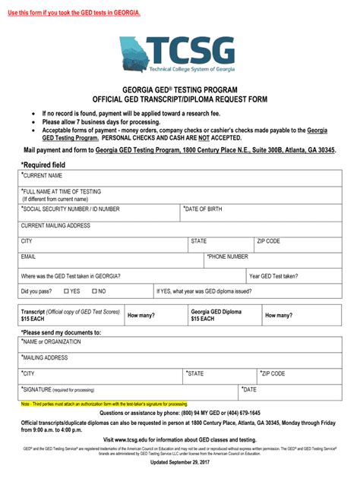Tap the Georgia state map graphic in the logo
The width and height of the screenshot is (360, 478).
pos(134,53)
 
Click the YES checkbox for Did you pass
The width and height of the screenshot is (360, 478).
pos(67,291)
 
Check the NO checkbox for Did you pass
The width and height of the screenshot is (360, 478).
pos(95,291)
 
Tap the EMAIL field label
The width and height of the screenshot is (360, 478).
pos(29,257)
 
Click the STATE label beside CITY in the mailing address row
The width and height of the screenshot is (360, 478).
pos(199,241)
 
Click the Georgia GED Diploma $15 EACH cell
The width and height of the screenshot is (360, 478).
pos(216,315)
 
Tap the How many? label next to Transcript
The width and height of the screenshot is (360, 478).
pos(141,315)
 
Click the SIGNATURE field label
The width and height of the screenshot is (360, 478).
pos(58,389)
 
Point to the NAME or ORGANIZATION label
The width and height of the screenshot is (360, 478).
pos(52,341)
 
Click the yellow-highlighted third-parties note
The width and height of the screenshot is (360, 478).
pos(104,404)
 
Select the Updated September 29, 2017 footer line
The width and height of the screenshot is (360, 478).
pos(180,462)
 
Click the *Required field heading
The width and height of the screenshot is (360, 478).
pos(43,164)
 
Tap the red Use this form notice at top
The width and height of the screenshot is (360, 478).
pos(74,12)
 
